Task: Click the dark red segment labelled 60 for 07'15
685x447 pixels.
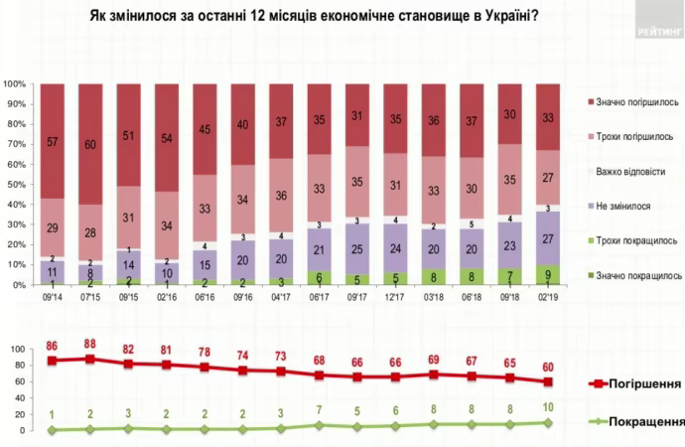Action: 90,144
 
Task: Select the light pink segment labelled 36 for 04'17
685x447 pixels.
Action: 281,195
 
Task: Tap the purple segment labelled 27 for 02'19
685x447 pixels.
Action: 547,238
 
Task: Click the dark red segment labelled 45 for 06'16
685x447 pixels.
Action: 205,129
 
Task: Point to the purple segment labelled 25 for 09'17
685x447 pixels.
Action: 357,248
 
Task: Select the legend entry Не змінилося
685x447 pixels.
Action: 622,206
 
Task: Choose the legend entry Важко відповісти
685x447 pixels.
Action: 631,171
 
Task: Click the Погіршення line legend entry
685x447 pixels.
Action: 635,383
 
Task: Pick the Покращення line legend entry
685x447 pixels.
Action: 635,421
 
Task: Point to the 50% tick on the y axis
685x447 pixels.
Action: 14,185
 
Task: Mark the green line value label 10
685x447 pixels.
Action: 547,407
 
